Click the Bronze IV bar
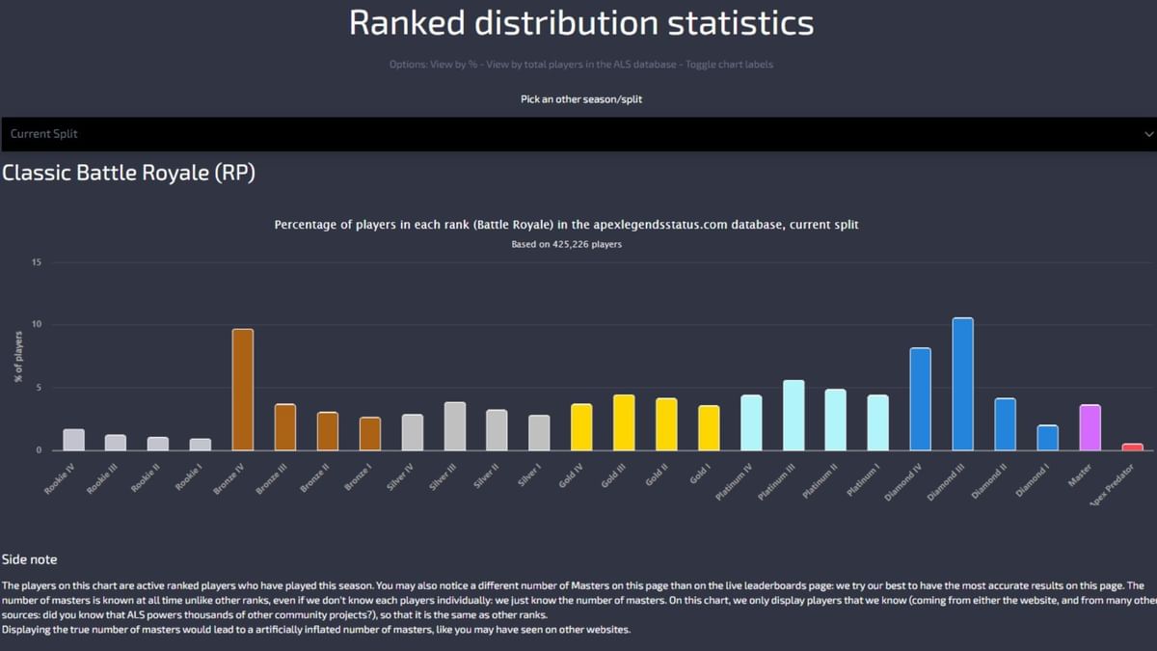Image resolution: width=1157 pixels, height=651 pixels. tap(243, 390)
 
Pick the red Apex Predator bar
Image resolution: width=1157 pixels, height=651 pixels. tap(1132, 447)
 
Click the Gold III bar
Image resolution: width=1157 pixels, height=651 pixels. tap(624, 422)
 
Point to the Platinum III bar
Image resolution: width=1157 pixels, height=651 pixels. tap(794, 415)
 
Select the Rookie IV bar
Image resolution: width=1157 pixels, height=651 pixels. tap(74, 440)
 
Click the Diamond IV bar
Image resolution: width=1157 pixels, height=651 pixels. tap(920, 398)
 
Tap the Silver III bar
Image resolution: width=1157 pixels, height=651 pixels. tap(455, 425)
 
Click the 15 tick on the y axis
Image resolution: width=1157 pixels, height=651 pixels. tap(37, 262)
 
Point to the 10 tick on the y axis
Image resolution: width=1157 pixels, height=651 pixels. tap(37, 325)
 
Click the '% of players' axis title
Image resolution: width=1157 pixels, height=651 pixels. tap(18, 356)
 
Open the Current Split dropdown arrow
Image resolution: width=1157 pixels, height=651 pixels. tap(1146, 134)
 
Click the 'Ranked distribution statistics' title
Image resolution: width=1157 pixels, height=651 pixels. tap(580, 22)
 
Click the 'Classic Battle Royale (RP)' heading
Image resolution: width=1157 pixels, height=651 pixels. tap(128, 173)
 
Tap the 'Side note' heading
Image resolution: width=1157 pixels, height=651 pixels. tap(29, 559)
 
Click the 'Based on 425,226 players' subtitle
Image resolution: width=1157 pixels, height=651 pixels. tap(566, 244)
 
